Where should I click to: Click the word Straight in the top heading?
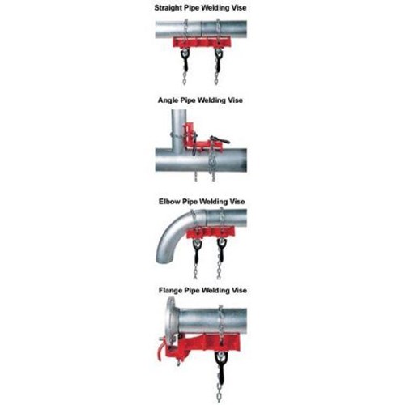tap(168, 8)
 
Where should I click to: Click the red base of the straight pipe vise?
tap(202, 42)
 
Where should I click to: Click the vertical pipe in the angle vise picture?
tap(179, 129)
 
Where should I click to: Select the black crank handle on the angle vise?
tap(220, 140)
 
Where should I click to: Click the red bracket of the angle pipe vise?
tap(198, 139)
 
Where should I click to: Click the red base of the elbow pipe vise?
tap(211, 232)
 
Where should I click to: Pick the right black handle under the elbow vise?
tap(221, 249)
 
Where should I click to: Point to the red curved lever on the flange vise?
tap(160, 350)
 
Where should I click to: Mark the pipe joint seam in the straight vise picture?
tap(202, 29)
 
